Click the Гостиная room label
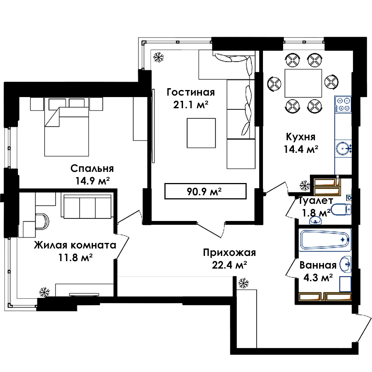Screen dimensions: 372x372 point(191,92)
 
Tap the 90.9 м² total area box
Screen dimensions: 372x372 point(205,191)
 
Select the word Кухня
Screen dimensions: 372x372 point(301,137)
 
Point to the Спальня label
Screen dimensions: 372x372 point(92,169)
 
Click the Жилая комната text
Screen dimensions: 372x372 point(75,245)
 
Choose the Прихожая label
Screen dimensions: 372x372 point(230,253)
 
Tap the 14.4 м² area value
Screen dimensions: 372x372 point(301,149)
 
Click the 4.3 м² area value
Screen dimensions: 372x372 point(318,278)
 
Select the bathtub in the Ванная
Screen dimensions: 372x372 point(325,240)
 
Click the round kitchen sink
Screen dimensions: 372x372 point(343,149)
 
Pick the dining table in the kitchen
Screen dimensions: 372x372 point(303,83)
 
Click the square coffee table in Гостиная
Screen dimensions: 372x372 point(201,133)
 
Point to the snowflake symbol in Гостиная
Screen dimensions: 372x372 point(158,57)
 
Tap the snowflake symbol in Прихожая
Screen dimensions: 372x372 point(243,283)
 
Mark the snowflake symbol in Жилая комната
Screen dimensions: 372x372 point(44,292)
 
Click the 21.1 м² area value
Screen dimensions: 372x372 point(191,105)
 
